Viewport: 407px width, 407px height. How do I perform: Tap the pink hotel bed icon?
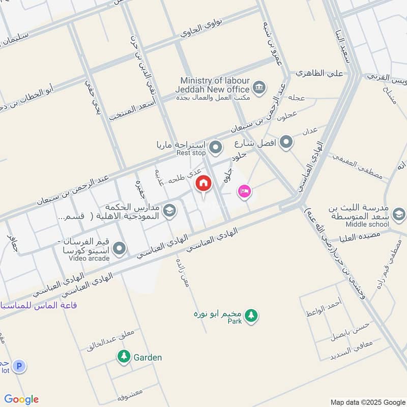pos(244,191)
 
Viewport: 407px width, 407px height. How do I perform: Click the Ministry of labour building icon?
pos(259,86)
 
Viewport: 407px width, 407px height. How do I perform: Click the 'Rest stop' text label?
pos(191,153)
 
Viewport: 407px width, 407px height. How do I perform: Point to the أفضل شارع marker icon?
pos(286,142)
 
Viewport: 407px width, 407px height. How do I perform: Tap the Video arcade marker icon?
pos(119,249)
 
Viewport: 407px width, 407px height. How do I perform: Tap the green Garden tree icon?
pos(123,357)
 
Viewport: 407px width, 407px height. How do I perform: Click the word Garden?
pos(148,357)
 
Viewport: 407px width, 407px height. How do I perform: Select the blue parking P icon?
pos(19,366)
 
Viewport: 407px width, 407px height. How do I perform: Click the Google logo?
pos(21,399)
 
